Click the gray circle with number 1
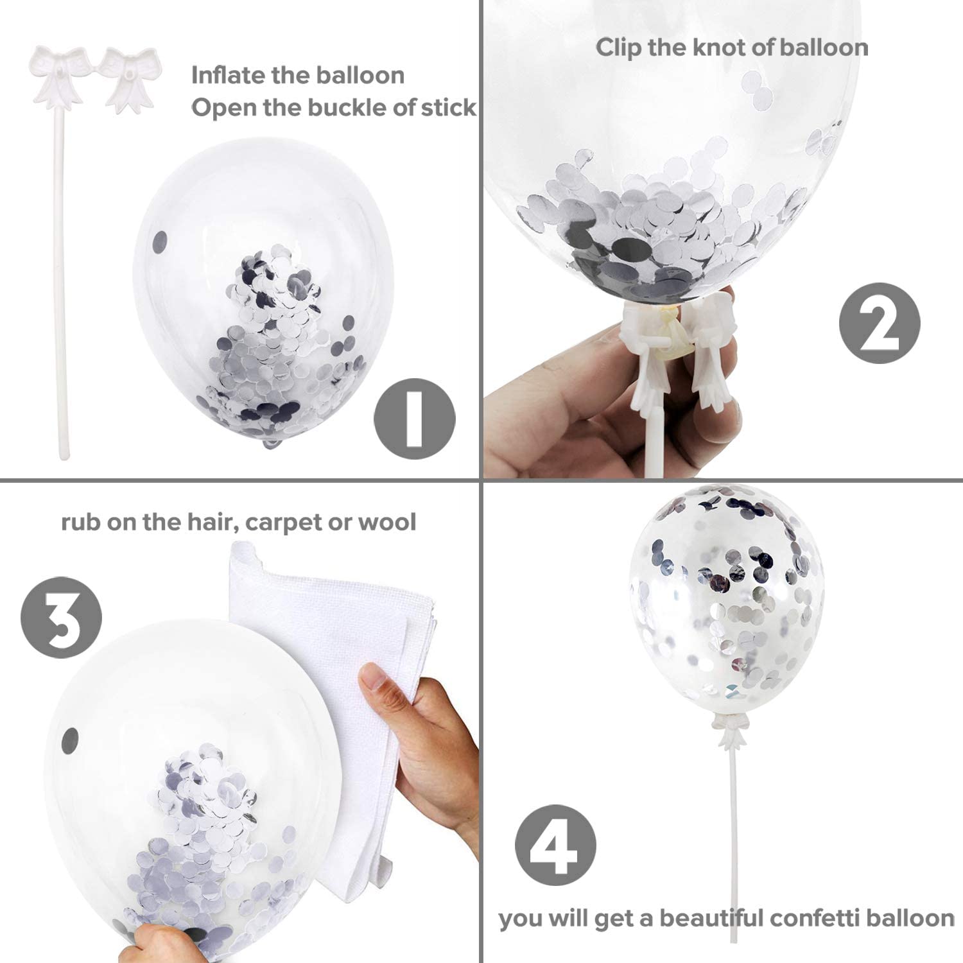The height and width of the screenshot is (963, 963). (414, 417)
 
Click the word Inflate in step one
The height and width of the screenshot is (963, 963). (229, 75)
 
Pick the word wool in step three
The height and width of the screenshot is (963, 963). (387, 521)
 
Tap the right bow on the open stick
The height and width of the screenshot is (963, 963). (129, 78)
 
